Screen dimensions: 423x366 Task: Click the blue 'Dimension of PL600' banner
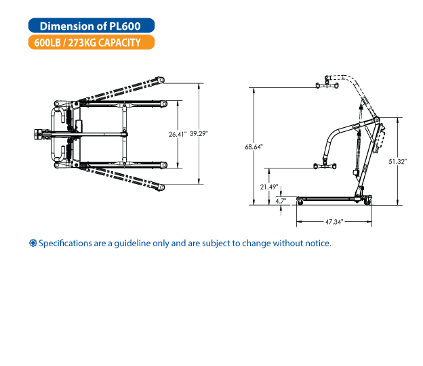(x=92, y=26)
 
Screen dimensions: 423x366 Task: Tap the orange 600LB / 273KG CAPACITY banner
(x=92, y=42)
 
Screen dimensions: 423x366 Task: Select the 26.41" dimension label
(x=178, y=134)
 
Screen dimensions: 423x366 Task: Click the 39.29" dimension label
(x=199, y=133)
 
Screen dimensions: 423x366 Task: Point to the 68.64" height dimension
(x=254, y=147)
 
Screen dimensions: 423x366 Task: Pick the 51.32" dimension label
(x=398, y=161)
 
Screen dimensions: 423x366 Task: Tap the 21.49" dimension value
(x=269, y=187)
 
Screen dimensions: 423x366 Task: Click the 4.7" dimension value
(x=281, y=201)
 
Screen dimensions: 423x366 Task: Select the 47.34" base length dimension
(x=334, y=222)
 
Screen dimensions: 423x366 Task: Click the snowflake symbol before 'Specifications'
(x=33, y=243)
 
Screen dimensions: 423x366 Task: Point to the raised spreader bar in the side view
(x=327, y=85)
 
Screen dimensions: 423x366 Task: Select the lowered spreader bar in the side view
(x=325, y=166)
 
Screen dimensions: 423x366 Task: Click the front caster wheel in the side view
(x=300, y=201)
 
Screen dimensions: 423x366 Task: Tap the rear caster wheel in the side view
(x=367, y=202)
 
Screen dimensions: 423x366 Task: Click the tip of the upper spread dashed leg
(x=161, y=80)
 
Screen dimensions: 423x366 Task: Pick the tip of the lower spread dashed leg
(x=161, y=187)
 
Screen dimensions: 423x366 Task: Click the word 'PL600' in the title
(x=125, y=26)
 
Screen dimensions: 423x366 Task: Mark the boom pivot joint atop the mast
(x=376, y=120)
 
